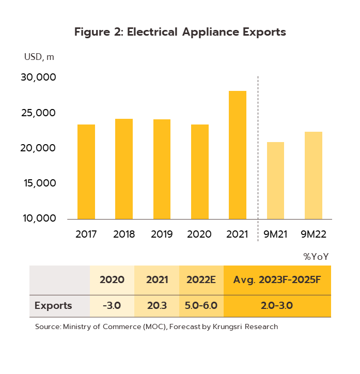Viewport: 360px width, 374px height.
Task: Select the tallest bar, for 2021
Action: point(238,155)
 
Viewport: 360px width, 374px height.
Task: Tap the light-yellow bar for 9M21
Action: point(275,180)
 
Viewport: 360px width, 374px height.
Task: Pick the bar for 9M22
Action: point(314,175)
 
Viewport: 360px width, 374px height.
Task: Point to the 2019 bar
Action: point(162,169)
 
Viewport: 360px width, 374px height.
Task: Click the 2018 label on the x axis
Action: point(124,234)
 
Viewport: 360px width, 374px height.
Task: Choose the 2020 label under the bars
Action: point(199,234)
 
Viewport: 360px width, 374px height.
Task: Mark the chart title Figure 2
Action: point(180,32)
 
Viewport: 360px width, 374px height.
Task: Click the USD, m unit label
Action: point(39,57)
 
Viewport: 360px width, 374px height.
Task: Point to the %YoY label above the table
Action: point(316,256)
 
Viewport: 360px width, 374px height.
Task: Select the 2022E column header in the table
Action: point(201,280)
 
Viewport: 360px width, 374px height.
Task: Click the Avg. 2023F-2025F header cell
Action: point(277,280)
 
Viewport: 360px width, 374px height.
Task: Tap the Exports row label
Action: point(53,305)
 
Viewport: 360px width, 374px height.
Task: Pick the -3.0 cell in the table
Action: point(112,305)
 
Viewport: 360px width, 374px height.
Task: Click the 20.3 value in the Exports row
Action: point(156,305)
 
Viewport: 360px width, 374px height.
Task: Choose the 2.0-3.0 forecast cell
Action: point(277,305)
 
